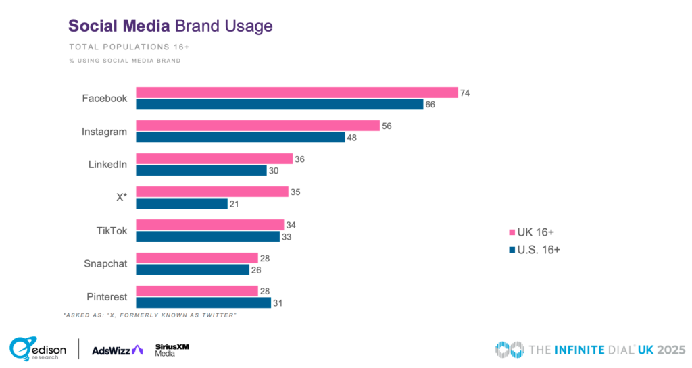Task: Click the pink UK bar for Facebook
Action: [297, 93]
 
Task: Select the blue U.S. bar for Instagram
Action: [240, 137]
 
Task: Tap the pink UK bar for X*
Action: [212, 192]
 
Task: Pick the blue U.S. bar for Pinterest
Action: [203, 303]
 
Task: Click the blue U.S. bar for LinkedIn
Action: [201, 170]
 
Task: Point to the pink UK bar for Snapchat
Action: [197, 258]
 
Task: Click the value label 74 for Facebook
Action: [464, 93]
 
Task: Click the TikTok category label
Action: [110, 230]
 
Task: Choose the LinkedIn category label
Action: [107, 164]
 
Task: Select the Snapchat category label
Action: [105, 263]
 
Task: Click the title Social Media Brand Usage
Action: [170, 26]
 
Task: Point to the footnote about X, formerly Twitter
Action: [149, 316]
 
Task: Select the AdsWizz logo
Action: [117, 349]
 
